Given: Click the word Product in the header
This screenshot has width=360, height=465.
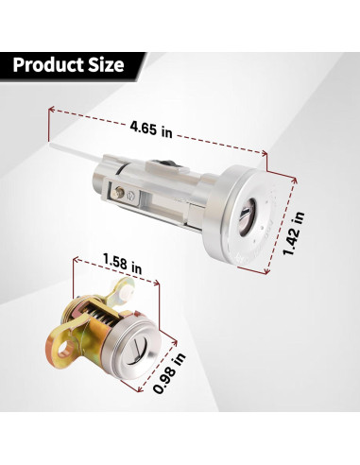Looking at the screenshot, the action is point(47,65).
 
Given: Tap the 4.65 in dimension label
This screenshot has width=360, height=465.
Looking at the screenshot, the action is point(151,129).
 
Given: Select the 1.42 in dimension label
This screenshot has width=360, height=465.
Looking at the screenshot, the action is point(293,232).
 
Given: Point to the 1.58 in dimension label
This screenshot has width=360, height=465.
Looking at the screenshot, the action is point(122,264).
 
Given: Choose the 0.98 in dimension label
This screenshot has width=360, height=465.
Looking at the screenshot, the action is point(169,373).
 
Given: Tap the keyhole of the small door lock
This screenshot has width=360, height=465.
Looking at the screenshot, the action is point(138,351).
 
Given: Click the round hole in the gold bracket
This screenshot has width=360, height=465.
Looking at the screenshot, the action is point(67,349).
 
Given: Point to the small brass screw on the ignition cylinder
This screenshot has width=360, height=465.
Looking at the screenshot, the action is point(119,192).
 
